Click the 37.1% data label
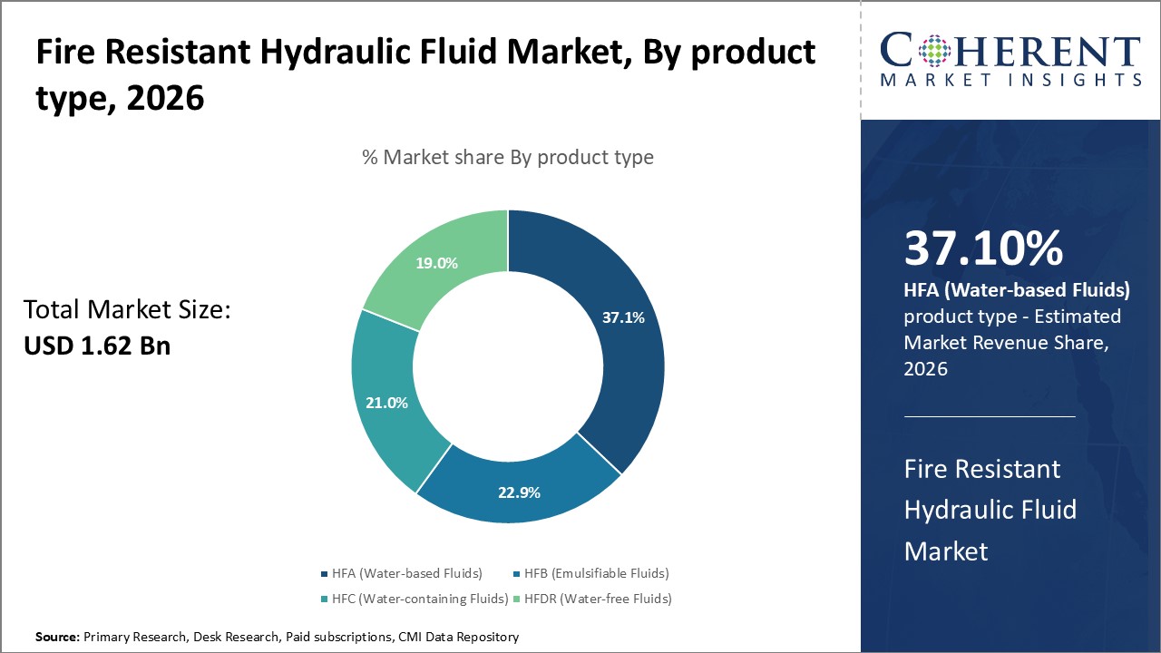pyautogui.click(x=623, y=317)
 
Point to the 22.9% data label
pyautogui.click(x=519, y=492)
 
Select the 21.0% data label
pyautogui.click(x=385, y=403)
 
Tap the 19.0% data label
pyautogui.click(x=436, y=264)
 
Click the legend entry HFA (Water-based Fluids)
pyautogui.click(x=406, y=573)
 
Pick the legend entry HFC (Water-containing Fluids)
pyautogui.click(x=419, y=599)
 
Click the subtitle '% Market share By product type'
pyautogui.click(x=507, y=157)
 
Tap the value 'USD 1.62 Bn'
pyautogui.click(x=97, y=346)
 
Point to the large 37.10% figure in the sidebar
pyautogui.click(x=983, y=249)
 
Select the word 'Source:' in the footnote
pyautogui.click(x=58, y=638)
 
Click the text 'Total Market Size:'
pyautogui.click(x=127, y=310)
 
